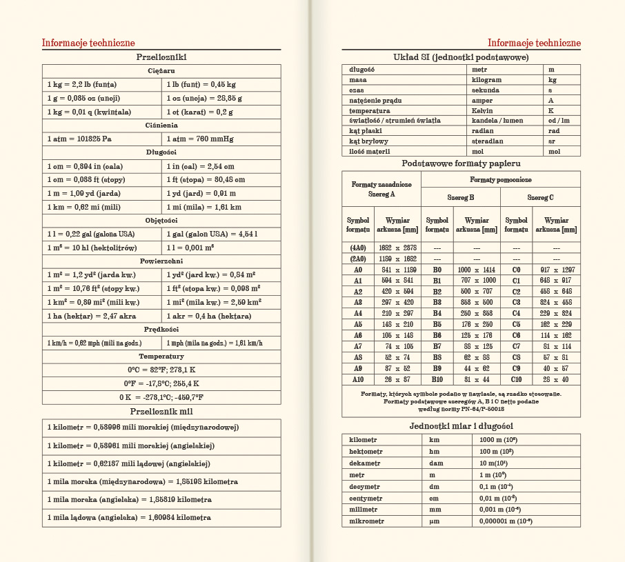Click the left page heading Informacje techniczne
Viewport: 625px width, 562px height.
88,43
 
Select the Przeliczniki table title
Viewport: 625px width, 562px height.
161,57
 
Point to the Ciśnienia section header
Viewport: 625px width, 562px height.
161,125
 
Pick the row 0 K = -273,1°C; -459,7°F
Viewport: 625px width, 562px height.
161,397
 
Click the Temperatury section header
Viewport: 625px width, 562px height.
161,356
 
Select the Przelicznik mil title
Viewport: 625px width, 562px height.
161,412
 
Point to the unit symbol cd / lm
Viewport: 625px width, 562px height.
559,121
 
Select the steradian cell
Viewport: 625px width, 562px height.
488,141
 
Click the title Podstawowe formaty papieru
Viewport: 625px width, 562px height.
461,163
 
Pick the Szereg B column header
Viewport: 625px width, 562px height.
461,197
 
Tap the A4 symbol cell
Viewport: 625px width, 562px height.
358,313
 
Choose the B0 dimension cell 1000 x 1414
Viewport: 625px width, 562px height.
476,270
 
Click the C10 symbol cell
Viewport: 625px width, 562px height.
517,379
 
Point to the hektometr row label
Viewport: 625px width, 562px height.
366,451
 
